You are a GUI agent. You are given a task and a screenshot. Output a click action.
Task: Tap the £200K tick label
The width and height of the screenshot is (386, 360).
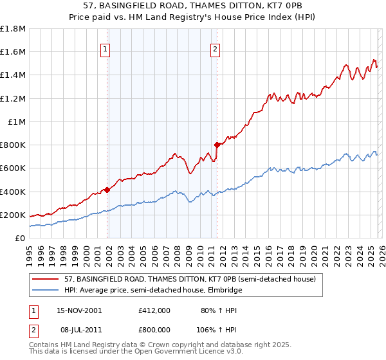[14, 215]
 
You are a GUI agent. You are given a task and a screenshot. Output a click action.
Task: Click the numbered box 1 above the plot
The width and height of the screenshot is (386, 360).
[105, 48]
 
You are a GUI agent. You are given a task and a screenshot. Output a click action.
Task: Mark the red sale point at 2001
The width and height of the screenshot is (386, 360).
[107, 190]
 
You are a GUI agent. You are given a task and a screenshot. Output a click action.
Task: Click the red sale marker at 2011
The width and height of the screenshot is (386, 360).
[217, 145]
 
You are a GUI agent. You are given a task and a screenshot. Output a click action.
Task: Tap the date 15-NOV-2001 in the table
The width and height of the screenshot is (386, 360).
[79, 310]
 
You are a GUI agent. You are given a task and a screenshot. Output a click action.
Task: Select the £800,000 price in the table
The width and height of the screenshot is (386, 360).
[154, 328]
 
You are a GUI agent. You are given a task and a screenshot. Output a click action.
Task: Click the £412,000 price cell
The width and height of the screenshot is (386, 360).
[154, 310]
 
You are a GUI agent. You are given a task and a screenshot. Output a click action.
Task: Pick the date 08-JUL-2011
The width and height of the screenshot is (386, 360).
[79, 328]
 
